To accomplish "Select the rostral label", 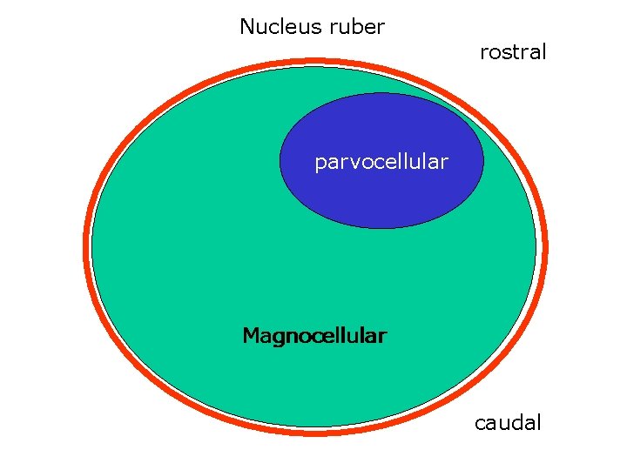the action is point(513,52).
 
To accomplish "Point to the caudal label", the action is point(508,423).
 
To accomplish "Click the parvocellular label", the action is point(381,162).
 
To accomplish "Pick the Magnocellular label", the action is point(314,335).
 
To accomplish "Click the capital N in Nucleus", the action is point(246,27).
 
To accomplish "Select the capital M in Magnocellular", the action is point(251,335).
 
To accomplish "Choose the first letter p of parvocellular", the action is point(320,164).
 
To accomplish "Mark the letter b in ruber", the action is point(356,27).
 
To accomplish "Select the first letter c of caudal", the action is point(480,424).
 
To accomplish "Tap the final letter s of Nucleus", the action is point(316,28).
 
